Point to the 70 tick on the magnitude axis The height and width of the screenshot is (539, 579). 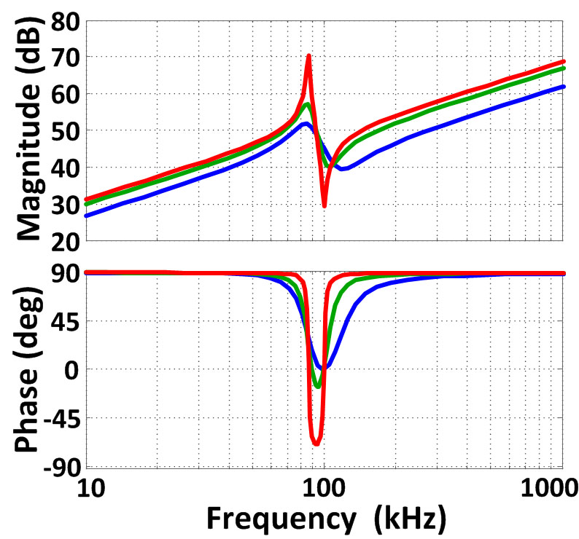[x=63, y=57]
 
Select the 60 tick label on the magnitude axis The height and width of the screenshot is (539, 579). [x=63, y=94]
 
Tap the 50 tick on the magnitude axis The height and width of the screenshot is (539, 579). [x=63, y=131]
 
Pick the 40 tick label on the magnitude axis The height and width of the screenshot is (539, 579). [x=63, y=168]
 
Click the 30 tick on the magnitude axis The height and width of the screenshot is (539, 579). [x=63, y=205]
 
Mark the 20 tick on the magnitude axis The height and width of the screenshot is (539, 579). [x=63, y=241]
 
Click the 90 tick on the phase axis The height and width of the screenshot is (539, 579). [x=63, y=273]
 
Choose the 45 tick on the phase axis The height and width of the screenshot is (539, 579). [x=63, y=321]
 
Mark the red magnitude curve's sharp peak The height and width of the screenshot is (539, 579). [x=308, y=56]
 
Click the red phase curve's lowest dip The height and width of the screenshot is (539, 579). [x=316, y=444]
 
